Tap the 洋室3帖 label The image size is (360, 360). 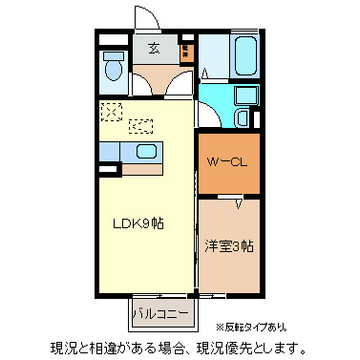(228, 245)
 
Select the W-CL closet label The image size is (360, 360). (228, 160)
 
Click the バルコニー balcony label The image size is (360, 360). (159, 312)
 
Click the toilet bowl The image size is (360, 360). (113, 69)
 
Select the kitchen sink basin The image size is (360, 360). (147, 150)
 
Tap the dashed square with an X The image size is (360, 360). (113, 112)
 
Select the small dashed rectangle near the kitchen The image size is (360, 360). (141, 123)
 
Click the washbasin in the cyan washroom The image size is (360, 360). (243, 117)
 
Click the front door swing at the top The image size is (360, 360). (146, 18)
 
